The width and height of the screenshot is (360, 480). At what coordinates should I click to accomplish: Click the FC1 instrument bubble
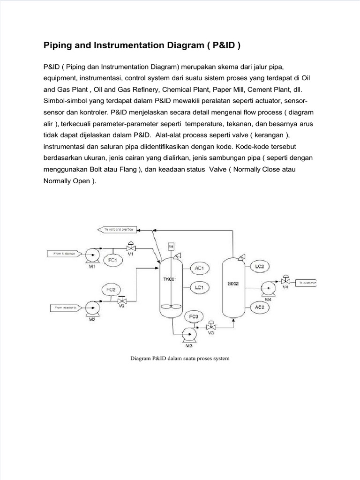pos(112,260)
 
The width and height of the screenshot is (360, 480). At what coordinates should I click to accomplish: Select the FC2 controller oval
pos(111,290)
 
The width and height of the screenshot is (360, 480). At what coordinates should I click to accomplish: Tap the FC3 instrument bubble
pos(194,317)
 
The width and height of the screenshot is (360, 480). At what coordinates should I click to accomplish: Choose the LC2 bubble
pos(260,266)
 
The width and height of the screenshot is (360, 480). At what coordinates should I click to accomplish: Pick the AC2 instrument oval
pos(260,307)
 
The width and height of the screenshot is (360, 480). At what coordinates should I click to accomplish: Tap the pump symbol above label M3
pos(189,333)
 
